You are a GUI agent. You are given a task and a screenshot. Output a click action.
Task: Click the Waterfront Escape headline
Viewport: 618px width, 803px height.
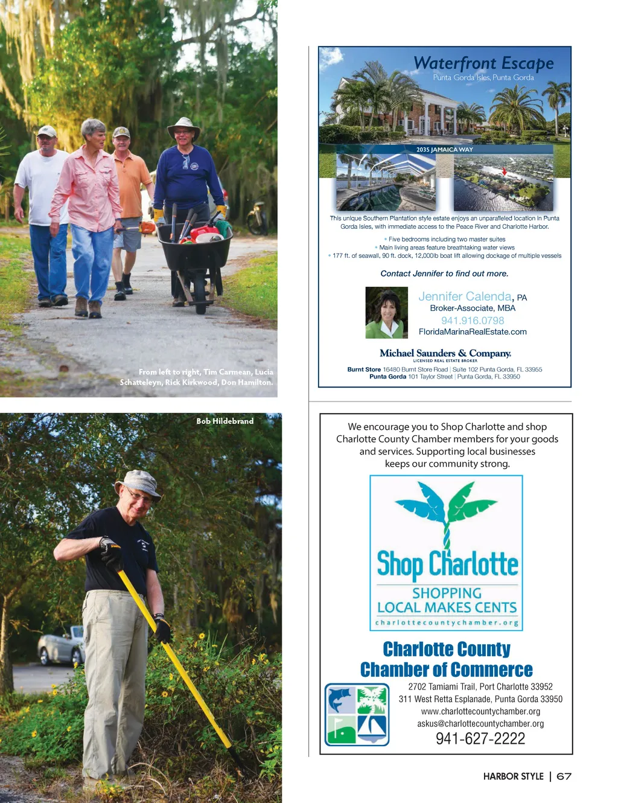point(483,63)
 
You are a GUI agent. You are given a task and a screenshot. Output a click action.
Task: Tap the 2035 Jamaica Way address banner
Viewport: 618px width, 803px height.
point(444,149)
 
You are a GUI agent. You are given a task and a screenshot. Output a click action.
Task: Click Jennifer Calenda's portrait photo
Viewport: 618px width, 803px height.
point(387,312)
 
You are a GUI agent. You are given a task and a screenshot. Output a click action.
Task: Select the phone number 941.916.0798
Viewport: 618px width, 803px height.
point(473,321)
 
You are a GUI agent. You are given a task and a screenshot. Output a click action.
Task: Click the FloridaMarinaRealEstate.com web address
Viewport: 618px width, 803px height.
point(473,331)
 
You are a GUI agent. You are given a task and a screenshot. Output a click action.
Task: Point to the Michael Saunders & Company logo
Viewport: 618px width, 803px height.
point(445,354)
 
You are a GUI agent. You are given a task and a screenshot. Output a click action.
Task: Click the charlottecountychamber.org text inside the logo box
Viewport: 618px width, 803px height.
point(447,622)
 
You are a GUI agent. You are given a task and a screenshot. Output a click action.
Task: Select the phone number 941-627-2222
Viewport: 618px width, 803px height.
point(480,738)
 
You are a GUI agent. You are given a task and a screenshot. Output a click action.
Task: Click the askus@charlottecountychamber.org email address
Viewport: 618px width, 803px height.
point(480,723)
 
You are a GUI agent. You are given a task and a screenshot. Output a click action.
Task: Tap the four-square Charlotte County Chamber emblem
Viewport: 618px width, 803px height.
point(357,714)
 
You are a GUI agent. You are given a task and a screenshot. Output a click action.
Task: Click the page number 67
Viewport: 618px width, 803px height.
point(564,776)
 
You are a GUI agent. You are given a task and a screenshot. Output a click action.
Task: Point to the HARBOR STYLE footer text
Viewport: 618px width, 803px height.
point(513,776)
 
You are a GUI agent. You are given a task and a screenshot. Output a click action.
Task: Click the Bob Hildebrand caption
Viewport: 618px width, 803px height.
point(225,421)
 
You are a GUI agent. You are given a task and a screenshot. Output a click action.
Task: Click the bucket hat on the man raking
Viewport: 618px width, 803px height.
point(138,484)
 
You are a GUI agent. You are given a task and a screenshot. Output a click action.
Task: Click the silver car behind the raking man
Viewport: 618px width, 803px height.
point(60,646)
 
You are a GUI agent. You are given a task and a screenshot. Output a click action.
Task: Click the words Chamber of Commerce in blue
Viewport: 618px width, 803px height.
point(446,670)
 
